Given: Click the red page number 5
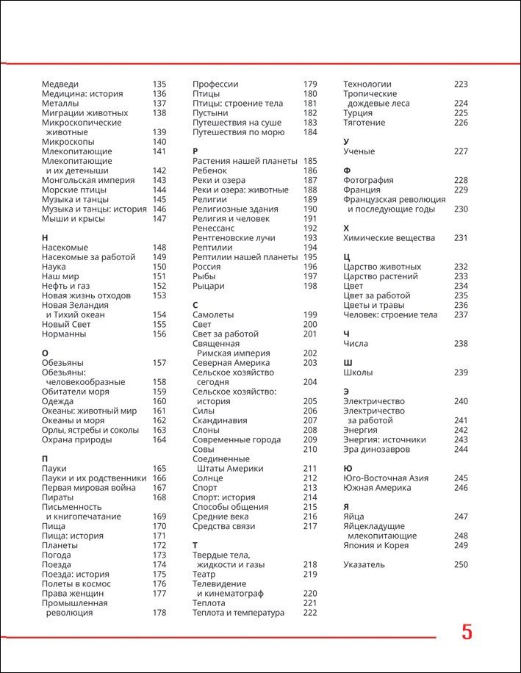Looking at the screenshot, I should pyautogui.click(x=467, y=633).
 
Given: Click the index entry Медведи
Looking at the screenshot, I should pyautogui.click(x=60, y=84).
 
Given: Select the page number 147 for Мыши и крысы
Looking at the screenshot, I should pyautogui.click(x=159, y=218).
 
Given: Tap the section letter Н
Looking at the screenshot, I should pyautogui.click(x=46, y=238).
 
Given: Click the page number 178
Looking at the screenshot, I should pyautogui.click(x=159, y=613).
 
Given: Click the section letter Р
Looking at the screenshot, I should pyautogui.click(x=195, y=151).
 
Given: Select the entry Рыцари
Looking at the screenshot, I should pyautogui.click(x=209, y=286).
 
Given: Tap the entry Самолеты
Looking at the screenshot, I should pyautogui.click(x=213, y=314).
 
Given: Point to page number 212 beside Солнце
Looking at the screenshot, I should pyautogui.click(x=310, y=478).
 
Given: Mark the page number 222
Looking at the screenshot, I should pyautogui.click(x=310, y=613).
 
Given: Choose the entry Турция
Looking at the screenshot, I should pyautogui.click(x=358, y=113).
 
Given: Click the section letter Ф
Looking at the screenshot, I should pyautogui.click(x=347, y=170).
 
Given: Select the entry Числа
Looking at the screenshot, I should pyautogui.click(x=356, y=344).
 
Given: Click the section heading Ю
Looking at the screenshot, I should pyautogui.click(x=348, y=468).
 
